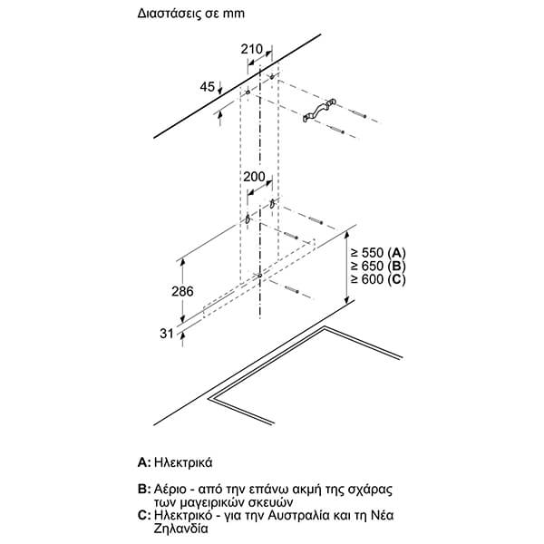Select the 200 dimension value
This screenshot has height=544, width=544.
pos(256,175)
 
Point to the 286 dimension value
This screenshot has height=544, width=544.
pos(158,293)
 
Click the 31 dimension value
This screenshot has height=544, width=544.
pos(166,334)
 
